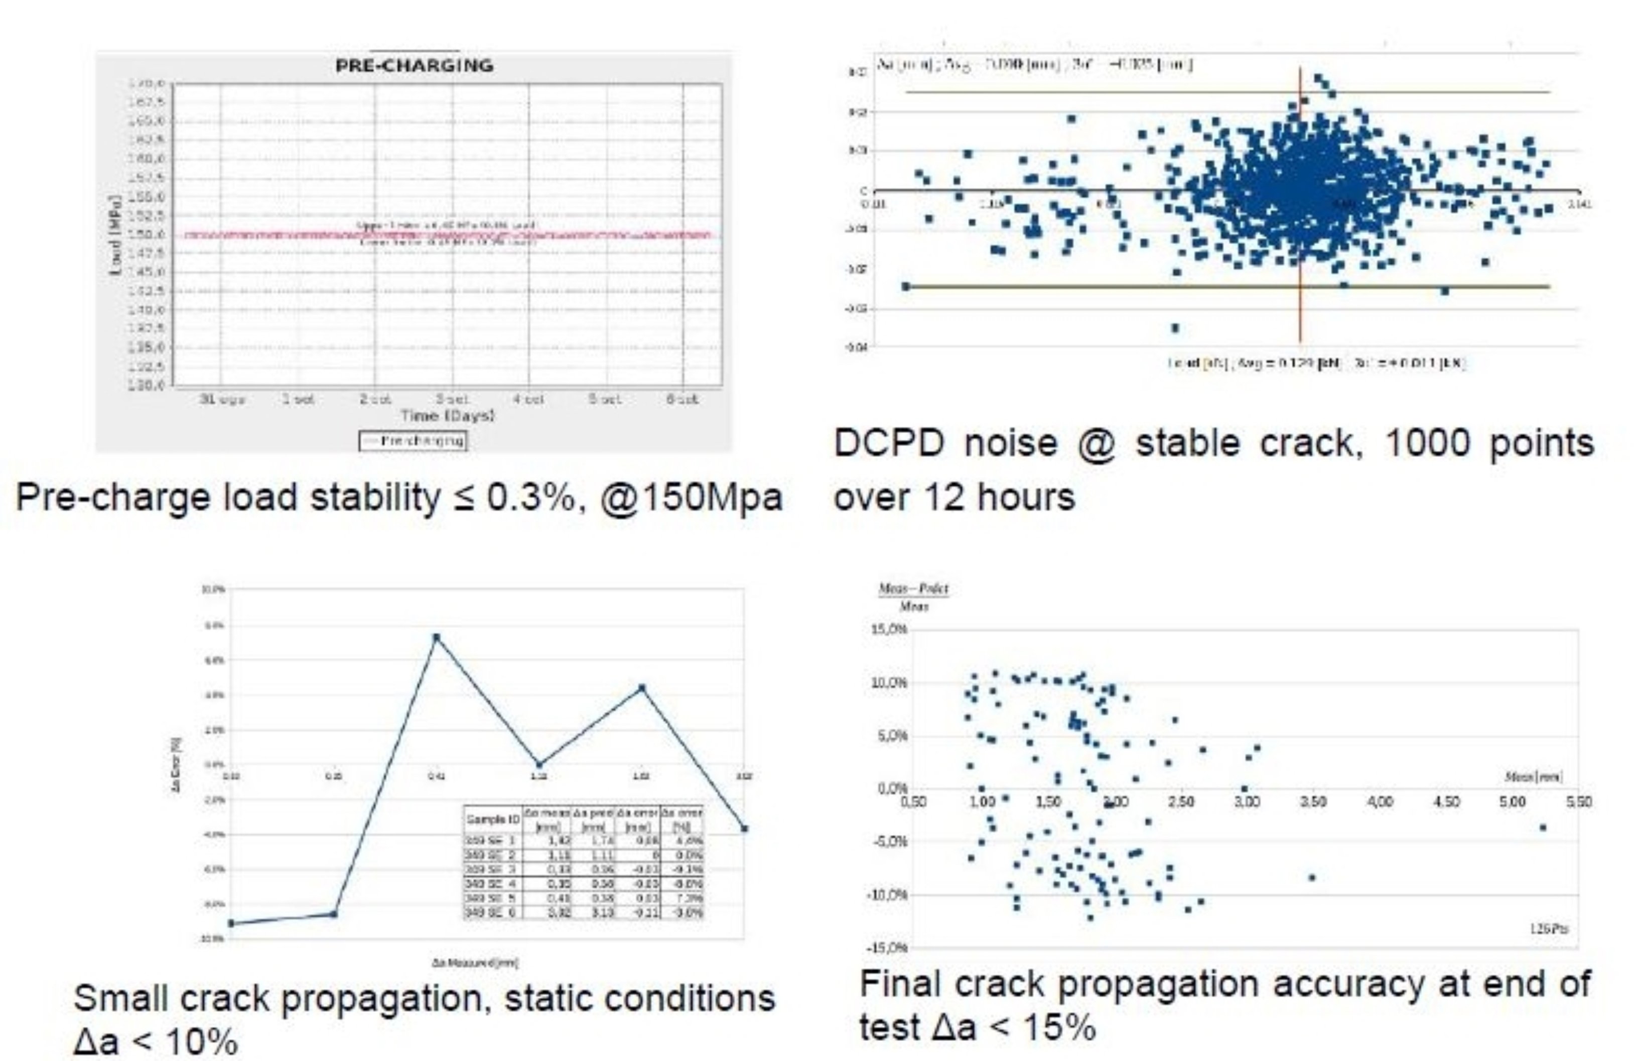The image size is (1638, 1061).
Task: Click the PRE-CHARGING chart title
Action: point(414,65)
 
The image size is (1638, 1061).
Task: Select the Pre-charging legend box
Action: point(412,441)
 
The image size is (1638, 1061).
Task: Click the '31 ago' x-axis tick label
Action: point(222,399)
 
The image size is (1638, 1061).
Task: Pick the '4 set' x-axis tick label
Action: point(528,399)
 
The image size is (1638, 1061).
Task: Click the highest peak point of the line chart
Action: point(436,637)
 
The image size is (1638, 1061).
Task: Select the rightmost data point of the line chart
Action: point(744,829)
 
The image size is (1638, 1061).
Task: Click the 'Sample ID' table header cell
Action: point(493,819)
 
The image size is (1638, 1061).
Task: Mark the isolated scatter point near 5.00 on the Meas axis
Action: point(1543,828)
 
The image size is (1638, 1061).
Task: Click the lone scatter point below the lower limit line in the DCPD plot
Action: point(1175,328)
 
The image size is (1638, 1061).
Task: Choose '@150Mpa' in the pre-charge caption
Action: point(692,498)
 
